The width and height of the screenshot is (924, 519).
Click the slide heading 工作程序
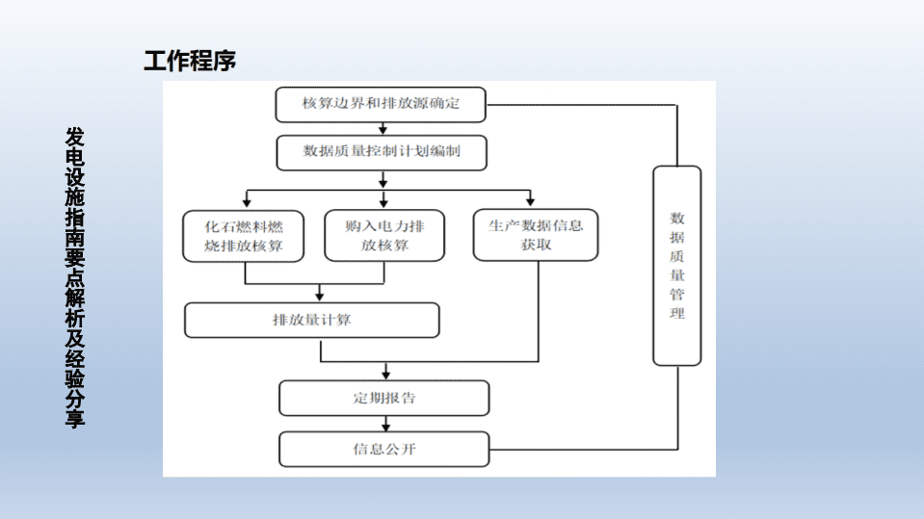click(x=190, y=62)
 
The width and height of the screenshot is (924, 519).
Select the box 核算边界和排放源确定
click(x=381, y=105)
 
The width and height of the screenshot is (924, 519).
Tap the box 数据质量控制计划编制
click(x=382, y=152)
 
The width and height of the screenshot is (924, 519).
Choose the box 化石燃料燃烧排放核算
click(x=245, y=236)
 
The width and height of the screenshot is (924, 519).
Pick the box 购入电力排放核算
click(x=383, y=236)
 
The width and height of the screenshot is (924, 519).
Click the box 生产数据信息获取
click(x=535, y=235)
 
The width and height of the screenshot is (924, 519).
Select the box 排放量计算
click(x=311, y=320)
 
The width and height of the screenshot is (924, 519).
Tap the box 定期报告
click(x=383, y=398)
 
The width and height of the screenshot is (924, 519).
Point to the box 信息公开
click(x=383, y=449)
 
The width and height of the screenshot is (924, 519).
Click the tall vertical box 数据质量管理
click(x=676, y=266)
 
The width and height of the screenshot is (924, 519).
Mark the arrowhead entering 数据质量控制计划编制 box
click(x=383, y=132)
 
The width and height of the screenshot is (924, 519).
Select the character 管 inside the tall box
click(x=677, y=294)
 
